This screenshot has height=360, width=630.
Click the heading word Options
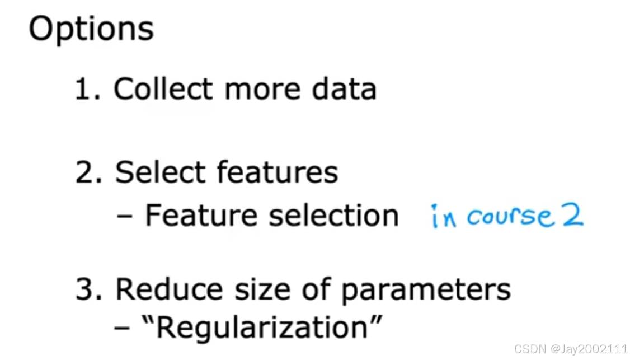click(x=91, y=29)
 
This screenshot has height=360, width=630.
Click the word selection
click(x=334, y=215)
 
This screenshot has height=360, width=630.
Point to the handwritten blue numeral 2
click(x=572, y=216)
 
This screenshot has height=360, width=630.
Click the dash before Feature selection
click(x=126, y=216)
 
